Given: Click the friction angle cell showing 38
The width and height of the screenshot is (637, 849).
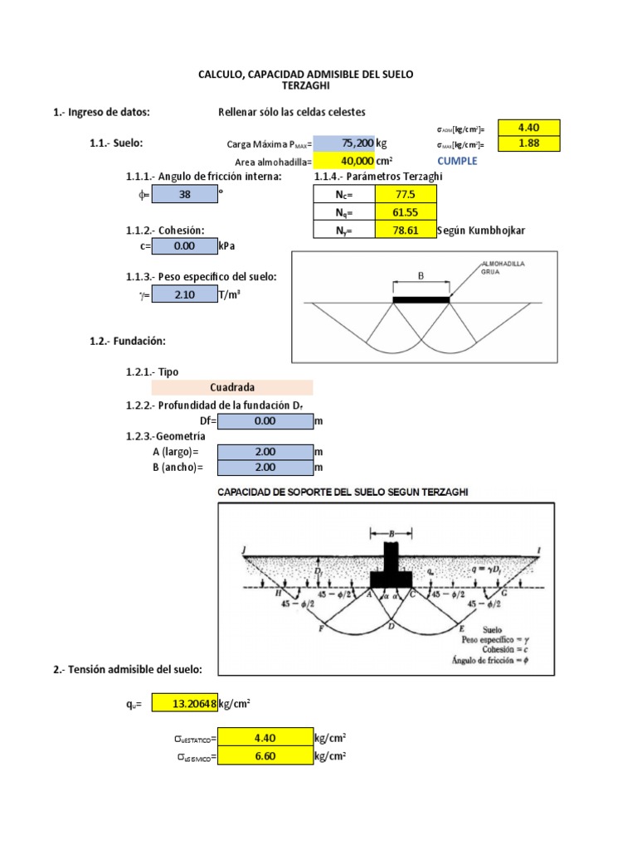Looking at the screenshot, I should (x=184, y=195).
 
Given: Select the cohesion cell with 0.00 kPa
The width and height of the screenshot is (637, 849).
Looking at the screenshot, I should (x=184, y=246).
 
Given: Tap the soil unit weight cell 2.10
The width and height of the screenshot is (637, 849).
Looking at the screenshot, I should (x=184, y=293).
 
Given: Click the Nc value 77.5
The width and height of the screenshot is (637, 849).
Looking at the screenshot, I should (x=405, y=195).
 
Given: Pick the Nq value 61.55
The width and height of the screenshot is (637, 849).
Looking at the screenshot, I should (x=405, y=213).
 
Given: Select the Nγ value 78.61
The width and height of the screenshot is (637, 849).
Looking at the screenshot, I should (x=405, y=231).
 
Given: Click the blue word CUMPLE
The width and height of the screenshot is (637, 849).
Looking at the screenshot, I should (x=457, y=161).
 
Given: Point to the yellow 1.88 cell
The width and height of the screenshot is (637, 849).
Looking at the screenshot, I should (x=528, y=143).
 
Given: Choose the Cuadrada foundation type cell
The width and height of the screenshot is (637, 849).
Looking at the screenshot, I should (x=232, y=387).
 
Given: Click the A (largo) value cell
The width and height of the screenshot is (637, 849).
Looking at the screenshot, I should (x=265, y=451).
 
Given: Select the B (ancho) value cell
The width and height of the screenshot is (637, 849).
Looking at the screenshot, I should (x=265, y=468).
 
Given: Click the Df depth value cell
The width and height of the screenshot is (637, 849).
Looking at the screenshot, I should (x=265, y=421).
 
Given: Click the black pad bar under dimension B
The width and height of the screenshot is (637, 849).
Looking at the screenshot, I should (x=421, y=299).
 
